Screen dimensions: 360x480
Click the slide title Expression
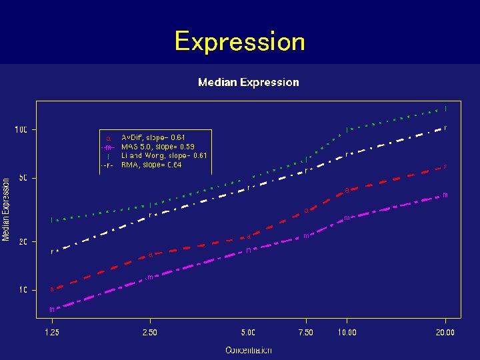point(239,41)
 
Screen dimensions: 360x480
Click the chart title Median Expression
point(248,82)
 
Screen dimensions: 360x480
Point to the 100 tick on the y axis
point(21,129)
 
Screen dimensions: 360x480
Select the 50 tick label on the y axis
point(22,179)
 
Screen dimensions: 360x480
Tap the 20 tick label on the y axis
point(22,242)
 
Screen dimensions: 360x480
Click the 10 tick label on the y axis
point(22,291)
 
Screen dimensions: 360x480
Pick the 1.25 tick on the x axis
point(51,332)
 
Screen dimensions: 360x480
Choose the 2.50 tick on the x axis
point(150,332)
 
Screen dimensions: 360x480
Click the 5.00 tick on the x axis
point(248,332)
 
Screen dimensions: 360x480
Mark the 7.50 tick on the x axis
point(306,332)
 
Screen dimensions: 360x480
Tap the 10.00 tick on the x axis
point(347,332)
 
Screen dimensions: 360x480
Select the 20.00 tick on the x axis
point(445,332)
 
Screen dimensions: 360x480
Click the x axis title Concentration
point(248,350)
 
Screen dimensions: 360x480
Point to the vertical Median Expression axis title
point(6,209)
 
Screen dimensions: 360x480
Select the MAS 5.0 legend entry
point(157,146)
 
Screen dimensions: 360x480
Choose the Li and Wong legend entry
point(163,155)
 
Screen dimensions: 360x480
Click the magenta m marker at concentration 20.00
point(445,195)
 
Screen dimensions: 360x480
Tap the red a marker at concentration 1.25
point(51,289)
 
